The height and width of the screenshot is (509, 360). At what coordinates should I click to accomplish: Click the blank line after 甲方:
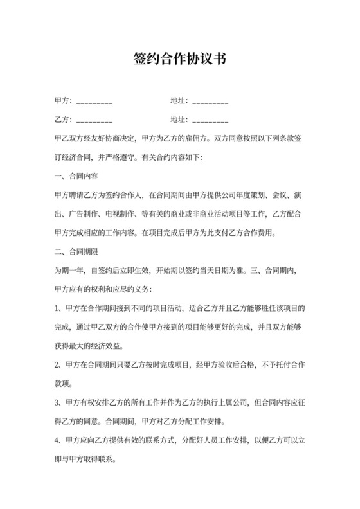(x=94, y=102)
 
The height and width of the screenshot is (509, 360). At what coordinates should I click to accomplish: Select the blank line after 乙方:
(x=94, y=120)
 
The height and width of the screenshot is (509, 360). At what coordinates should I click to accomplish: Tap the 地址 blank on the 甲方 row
(x=210, y=102)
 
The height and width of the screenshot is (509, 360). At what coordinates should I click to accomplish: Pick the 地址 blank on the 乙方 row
(x=210, y=120)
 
